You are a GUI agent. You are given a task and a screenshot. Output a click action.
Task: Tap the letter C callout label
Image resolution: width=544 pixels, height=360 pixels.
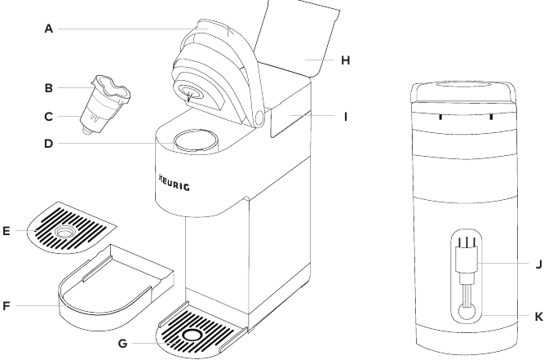coord(49,116)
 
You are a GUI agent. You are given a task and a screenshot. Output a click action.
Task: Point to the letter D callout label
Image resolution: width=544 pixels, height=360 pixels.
coord(49,148)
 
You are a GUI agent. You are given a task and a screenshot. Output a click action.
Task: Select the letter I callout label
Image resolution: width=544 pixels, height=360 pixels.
coord(346,116)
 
